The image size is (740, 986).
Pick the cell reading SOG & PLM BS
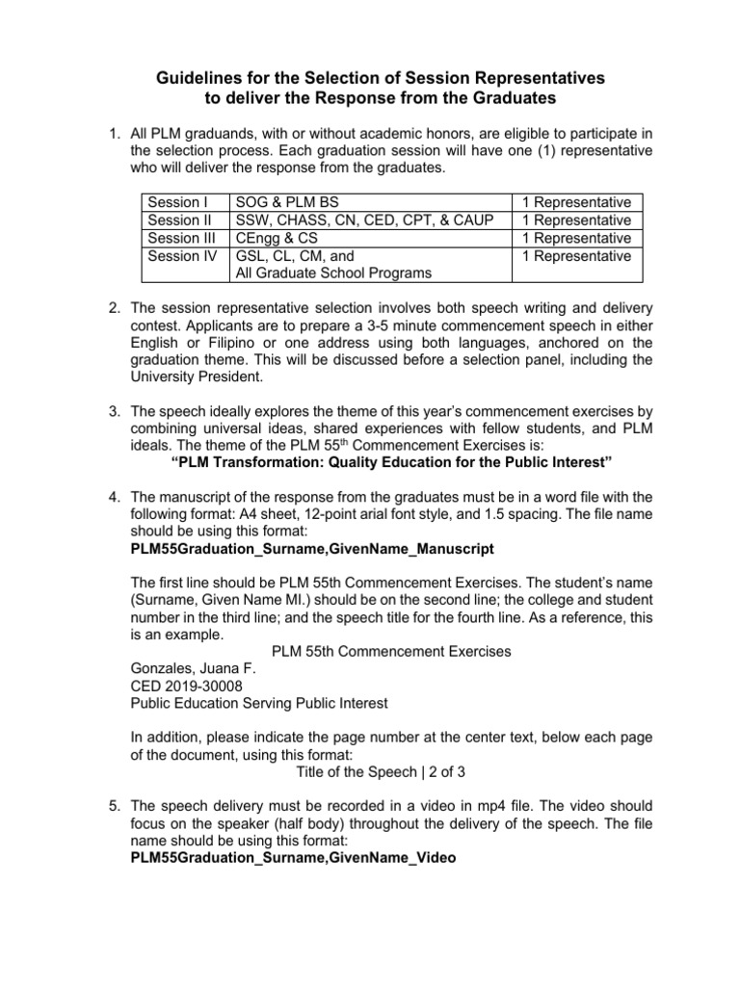289,202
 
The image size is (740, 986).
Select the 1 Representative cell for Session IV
576,256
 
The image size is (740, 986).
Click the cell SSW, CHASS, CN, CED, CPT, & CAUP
364,221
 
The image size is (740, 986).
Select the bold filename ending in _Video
293,858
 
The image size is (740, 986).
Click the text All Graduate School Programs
333,273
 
